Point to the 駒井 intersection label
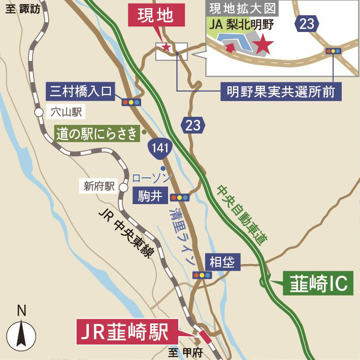pyautogui.click(x=150, y=196)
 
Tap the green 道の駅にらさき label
pyautogui.click(x=96, y=134)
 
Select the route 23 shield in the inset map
pyautogui.click(x=307, y=23)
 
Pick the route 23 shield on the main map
pyautogui.click(x=193, y=124)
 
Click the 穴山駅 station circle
pyautogui.click(x=39, y=113)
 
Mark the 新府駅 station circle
pyautogui.click(x=123, y=187)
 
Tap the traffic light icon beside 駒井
pyautogui.click(x=180, y=198)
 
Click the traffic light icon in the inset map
pyautogui.click(x=333, y=51)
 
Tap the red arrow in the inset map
pyautogui.click(x=230, y=47)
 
